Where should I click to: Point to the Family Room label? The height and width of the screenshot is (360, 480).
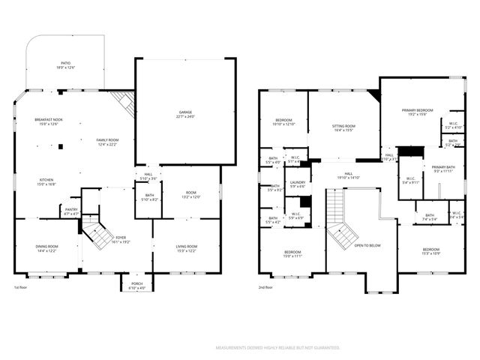click(107, 142)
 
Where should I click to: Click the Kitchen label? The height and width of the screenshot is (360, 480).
click(46, 181)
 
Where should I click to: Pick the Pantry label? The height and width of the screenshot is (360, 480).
click(71, 211)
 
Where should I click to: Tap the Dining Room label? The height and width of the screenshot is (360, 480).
click(46, 248)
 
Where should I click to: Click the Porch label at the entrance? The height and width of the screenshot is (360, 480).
click(136, 286)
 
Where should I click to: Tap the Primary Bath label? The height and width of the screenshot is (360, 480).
click(443, 169)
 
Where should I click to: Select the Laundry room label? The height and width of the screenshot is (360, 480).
click(297, 184)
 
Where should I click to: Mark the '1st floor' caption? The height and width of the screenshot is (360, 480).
click(22, 286)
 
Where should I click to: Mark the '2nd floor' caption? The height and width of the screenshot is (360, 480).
click(266, 286)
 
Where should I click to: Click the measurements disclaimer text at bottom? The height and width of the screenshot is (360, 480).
click(277, 348)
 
